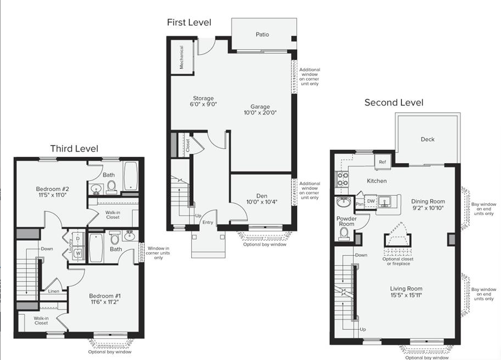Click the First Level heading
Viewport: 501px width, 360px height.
(189, 22)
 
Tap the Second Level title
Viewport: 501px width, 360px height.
(394, 102)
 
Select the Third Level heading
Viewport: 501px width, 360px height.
(74, 148)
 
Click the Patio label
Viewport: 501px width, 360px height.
(262, 34)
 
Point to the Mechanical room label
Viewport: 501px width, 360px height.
(181, 57)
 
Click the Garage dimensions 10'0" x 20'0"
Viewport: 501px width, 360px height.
(260, 113)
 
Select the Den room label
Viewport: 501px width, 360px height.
(262, 196)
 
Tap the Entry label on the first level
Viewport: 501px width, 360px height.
(208, 223)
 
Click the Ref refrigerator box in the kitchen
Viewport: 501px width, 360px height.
(383, 162)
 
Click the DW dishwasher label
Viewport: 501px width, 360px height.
(371, 201)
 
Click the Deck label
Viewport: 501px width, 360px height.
(428, 139)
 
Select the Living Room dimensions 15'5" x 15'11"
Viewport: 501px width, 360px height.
(406, 295)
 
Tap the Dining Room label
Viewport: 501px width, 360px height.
(428, 201)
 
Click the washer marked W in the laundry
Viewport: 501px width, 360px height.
(78, 253)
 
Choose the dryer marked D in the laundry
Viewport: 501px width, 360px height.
(78, 239)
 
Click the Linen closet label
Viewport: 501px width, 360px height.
(54, 291)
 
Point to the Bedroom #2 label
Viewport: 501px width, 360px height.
(53, 189)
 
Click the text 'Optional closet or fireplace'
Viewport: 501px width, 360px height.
(398, 262)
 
